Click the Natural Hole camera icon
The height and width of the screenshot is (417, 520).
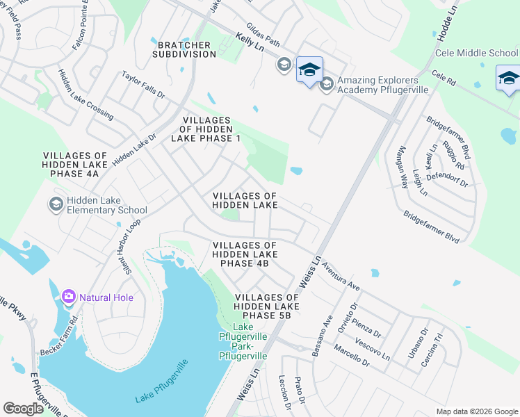click(x=68, y=297)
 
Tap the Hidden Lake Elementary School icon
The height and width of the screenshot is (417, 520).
click(x=55, y=204)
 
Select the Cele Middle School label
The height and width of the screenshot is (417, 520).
click(x=476, y=53)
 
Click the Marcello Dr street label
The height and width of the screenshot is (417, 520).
click(x=351, y=355)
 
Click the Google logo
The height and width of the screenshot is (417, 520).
click(x=23, y=409)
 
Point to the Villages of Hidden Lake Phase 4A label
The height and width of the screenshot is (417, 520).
click(x=75, y=165)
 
